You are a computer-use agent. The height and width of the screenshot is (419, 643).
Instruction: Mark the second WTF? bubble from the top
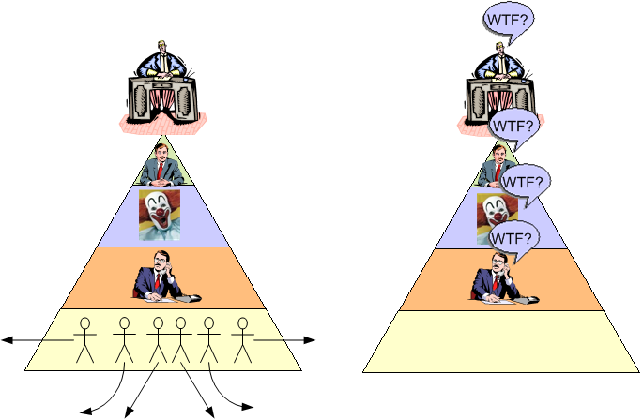pyautogui.click(x=513, y=125)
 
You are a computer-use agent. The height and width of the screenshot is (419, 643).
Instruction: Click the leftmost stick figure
pyautogui.click(x=86, y=338)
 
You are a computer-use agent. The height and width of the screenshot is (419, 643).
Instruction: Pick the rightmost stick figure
pyautogui.click(x=242, y=338)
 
